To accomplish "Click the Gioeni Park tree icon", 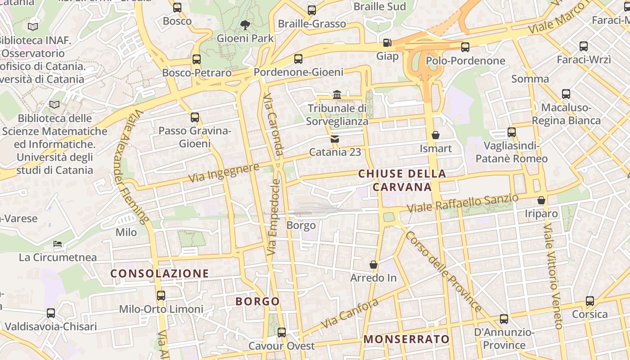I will coord(245,25).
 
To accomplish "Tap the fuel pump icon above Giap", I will coord(387,43).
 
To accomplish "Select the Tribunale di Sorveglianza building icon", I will coord(337,94).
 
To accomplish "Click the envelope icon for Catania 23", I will coord(335,139).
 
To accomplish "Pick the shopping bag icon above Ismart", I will coord(435,135).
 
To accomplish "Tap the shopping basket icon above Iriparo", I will coord(541,200).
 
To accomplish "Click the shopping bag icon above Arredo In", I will coord(373,264).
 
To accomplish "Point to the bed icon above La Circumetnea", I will coord(58,244).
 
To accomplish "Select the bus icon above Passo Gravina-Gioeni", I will coord(195,117).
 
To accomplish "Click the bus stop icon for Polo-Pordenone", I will coord(465,47).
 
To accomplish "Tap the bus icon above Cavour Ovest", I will coord(282,333).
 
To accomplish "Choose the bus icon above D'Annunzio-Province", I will coord(504,319).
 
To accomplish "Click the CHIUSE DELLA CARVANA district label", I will coord(402,180).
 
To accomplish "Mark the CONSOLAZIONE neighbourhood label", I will coord(160,273).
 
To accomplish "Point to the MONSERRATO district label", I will coord(406,339).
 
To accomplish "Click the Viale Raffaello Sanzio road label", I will coord(463,203).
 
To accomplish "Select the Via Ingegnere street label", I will coord(224,173).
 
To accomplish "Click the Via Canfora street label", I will coord(349,314).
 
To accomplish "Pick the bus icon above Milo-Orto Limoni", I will coord(161,296).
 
